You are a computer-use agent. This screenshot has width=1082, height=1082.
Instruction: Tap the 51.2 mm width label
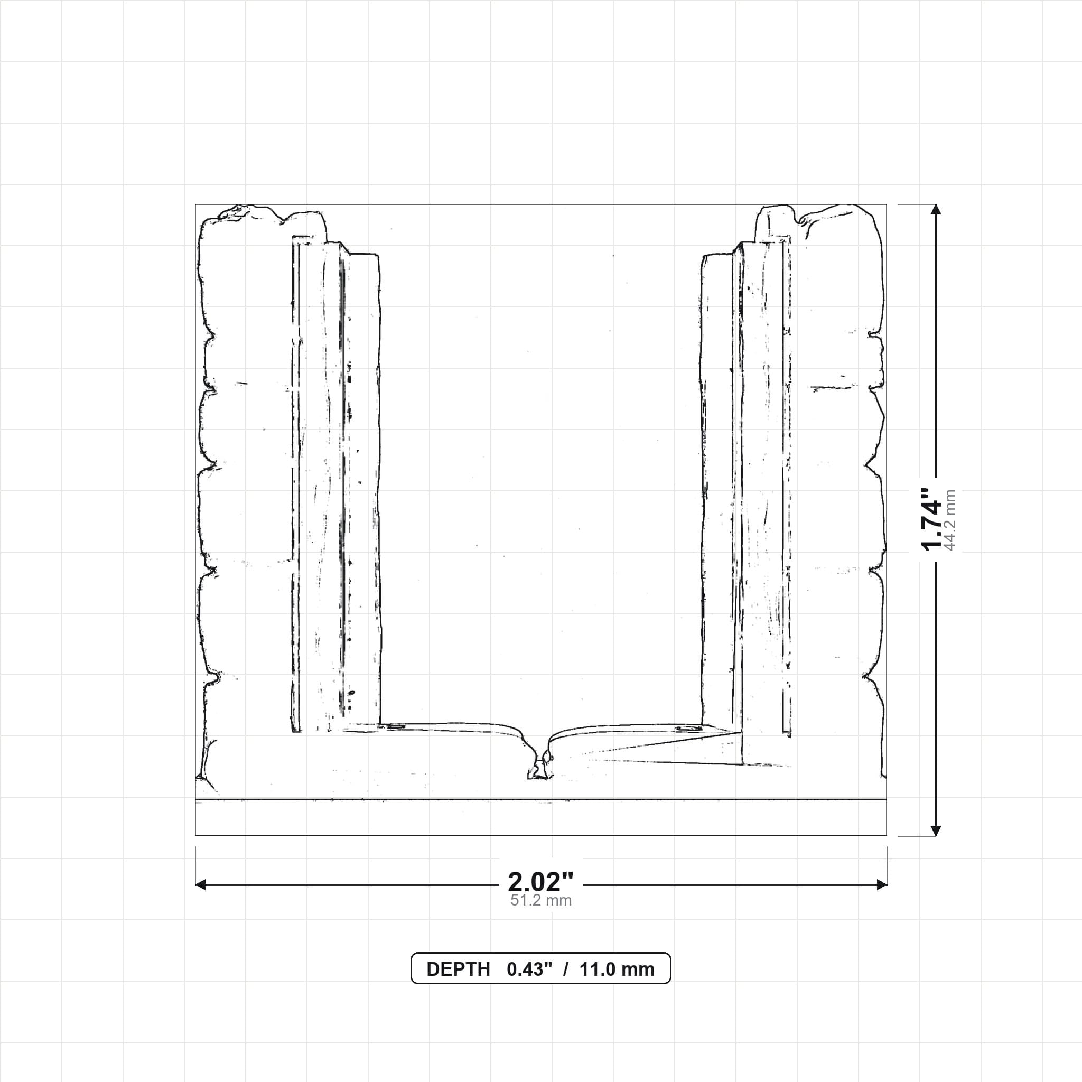point(540,901)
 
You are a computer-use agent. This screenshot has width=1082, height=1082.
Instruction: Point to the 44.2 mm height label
point(950,520)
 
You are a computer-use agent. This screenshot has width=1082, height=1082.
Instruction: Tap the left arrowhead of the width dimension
point(200,885)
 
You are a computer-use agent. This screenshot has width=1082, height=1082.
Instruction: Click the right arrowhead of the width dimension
point(882,885)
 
